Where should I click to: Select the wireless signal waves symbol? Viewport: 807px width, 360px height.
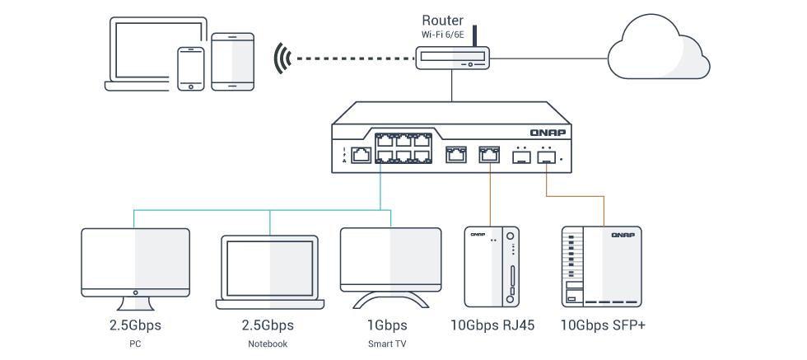[282, 58]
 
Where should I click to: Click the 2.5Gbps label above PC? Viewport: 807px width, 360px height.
[135, 325]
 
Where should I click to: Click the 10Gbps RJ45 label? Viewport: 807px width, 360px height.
[493, 325]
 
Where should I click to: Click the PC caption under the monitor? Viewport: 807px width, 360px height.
[135, 344]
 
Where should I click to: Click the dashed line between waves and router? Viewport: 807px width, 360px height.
[354, 58]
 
